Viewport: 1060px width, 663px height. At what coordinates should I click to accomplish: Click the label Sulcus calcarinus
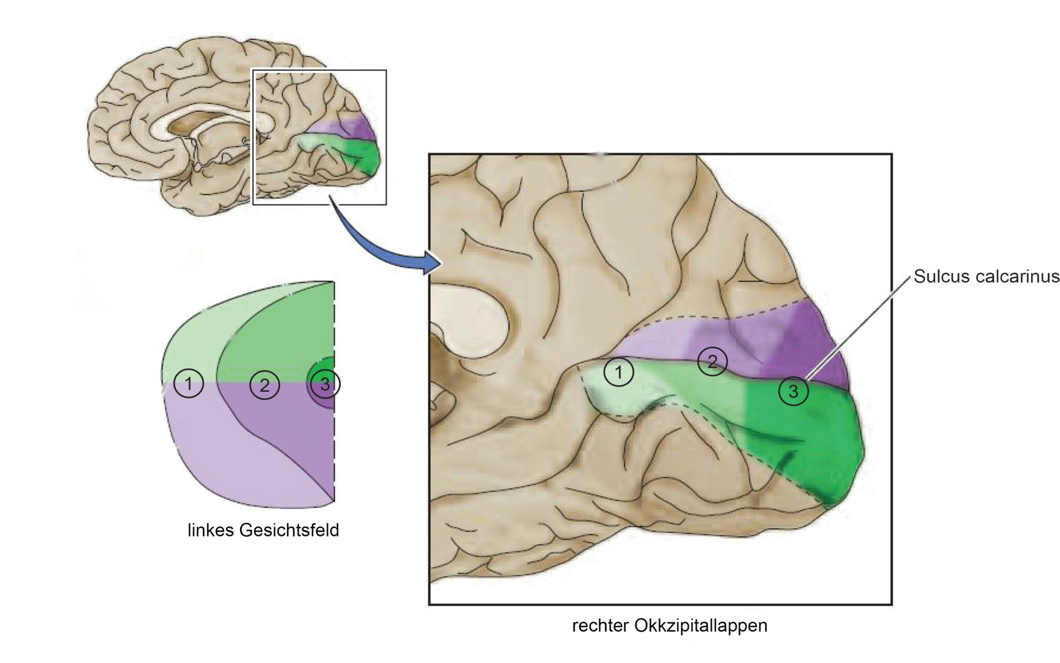[987, 276]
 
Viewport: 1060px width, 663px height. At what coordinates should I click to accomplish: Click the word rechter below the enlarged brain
[600, 626]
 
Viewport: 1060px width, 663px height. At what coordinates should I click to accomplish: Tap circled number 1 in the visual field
[188, 383]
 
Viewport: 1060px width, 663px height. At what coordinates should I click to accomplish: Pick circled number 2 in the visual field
[264, 384]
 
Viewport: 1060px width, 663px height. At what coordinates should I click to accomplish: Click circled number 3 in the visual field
[325, 384]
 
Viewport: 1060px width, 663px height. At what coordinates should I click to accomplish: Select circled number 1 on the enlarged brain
[619, 371]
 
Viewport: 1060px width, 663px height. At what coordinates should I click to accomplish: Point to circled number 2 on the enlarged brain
[712, 361]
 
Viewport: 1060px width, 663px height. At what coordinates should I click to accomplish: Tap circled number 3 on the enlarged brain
[793, 391]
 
